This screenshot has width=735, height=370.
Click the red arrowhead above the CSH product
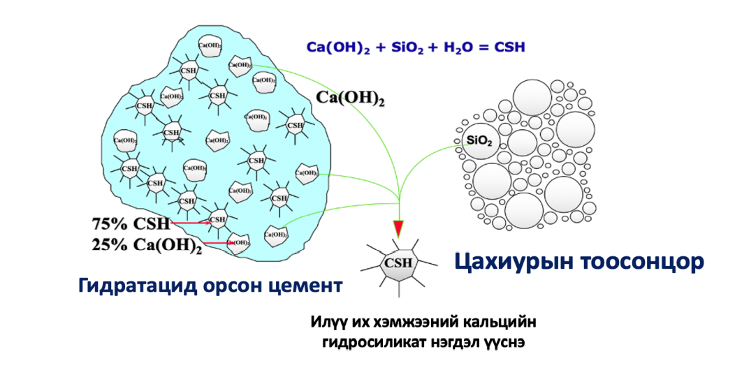399,228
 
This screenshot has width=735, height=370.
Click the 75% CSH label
131,224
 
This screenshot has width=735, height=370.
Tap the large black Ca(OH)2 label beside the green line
351,98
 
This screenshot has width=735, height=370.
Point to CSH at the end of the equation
511,47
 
